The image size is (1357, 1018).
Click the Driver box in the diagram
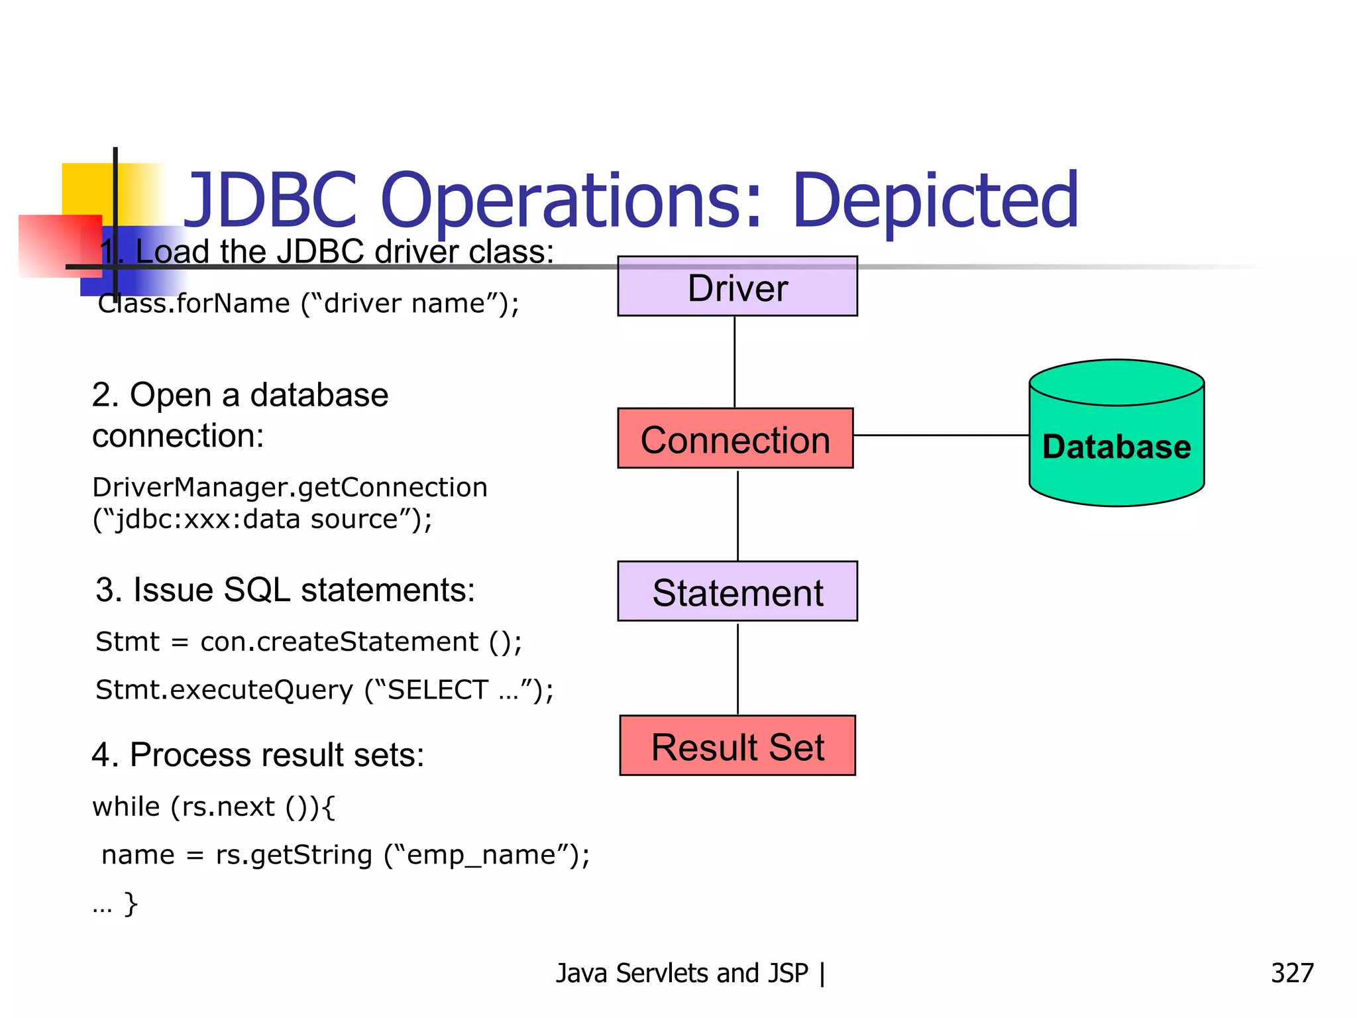click(737, 286)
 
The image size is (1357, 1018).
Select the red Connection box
click(735, 439)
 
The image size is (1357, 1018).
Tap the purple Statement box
click(737, 591)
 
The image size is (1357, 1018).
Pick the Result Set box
click(737, 746)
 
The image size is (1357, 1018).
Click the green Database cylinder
click(1116, 444)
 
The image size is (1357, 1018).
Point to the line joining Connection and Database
click(941, 435)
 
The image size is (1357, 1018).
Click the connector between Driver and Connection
click(734, 361)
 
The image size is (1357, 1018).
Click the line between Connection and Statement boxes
click(737, 515)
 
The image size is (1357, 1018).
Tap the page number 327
click(1291, 973)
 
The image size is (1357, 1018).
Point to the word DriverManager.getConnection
click(290, 487)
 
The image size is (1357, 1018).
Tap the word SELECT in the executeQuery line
click(437, 690)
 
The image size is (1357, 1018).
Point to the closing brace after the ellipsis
click(131, 903)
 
